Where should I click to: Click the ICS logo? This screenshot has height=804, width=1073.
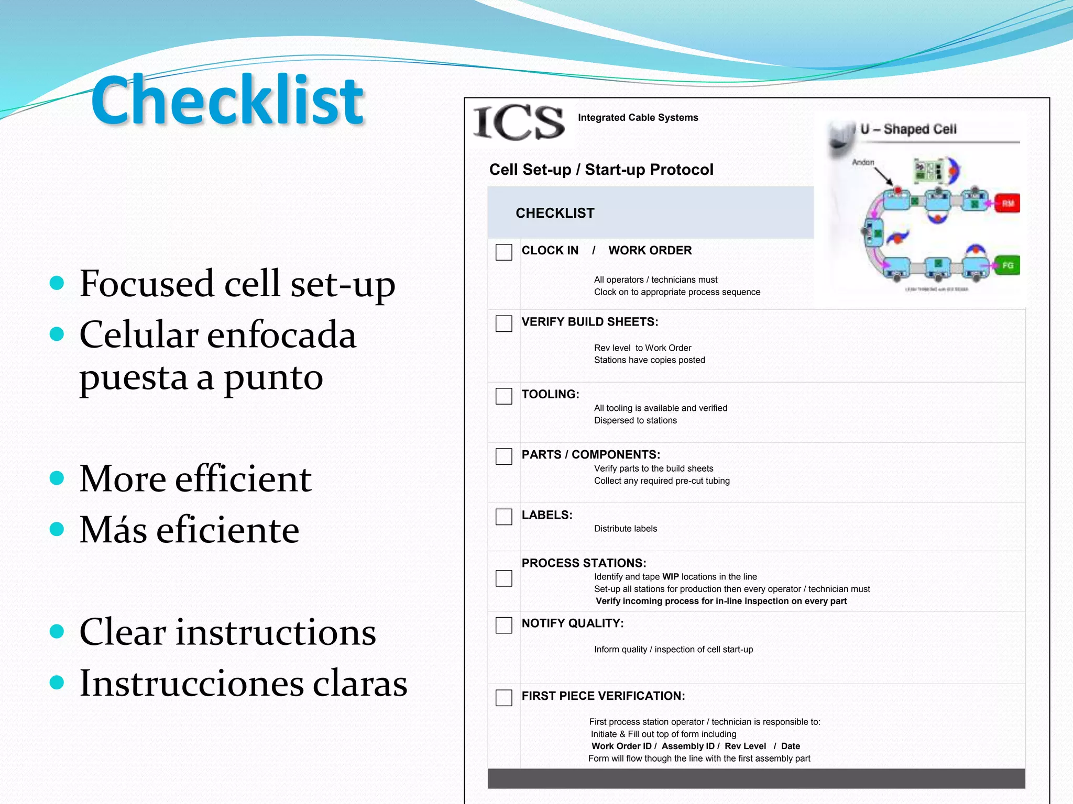pyautogui.click(x=519, y=123)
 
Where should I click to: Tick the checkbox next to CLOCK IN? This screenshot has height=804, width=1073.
pyautogui.click(x=503, y=252)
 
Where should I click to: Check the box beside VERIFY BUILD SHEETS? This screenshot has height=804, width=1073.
pyautogui.click(x=503, y=323)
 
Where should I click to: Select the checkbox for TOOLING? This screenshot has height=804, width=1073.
pyautogui.click(x=503, y=396)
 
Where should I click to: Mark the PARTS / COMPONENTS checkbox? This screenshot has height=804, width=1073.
pyautogui.click(x=503, y=456)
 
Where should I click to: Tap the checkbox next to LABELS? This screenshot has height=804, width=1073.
pyautogui.click(x=503, y=517)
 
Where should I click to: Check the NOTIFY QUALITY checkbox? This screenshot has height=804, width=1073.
pyautogui.click(x=503, y=625)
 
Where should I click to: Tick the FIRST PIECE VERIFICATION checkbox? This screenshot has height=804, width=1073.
pyautogui.click(x=503, y=697)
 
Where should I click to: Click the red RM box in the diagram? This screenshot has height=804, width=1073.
pyautogui.click(x=1008, y=203)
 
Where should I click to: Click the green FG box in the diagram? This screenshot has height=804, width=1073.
pyautogui.click(x=1007, y=265)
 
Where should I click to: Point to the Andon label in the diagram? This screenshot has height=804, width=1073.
pyautogui.click(x=863, y=162)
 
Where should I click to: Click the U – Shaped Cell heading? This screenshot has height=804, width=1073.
pyautogui.click(x=908, y=129)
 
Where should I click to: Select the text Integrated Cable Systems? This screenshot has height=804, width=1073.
pyautogui.click(x=638, y=118)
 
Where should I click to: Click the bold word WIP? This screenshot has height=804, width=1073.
pyautogui.click(x=670, y=577)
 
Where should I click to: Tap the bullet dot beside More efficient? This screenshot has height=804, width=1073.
pyautogui.click(x=57, y=478)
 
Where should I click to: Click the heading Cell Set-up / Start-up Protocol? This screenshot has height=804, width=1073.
pyautogui.click(x=601, y=170)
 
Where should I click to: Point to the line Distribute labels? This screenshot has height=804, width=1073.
pyautogui.click(x=625, y=529)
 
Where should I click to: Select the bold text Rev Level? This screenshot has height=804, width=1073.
pyautogui.click(x=744, y=746)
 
